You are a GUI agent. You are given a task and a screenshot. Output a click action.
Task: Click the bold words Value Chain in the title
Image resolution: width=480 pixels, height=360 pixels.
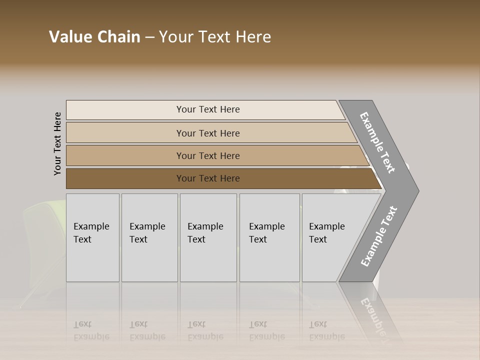[x=94, y=37]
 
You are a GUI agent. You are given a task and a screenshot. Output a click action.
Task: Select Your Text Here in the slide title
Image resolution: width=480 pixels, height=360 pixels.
[x=215, y=37]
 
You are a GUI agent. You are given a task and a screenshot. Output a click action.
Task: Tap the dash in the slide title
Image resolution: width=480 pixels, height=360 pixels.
[x=149, y=37]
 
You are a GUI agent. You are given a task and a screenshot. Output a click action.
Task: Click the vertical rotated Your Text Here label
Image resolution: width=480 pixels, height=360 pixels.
[x=57, y=143]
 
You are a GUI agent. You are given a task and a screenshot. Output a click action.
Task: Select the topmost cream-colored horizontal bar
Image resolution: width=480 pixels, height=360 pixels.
[x=207, y=109]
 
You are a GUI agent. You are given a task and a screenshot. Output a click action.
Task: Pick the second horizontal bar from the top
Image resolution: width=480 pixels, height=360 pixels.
[x=207, y=133]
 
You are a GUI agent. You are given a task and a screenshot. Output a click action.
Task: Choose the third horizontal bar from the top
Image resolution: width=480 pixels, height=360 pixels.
[x=207, y=155]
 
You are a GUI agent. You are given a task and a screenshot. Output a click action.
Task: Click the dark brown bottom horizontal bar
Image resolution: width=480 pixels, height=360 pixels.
[x=207, y=178]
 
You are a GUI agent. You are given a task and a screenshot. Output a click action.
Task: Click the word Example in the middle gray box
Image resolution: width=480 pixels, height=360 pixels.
[x=205, y=226]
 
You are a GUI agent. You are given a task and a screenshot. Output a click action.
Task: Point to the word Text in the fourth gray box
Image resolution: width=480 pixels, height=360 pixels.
[x=258, y=239]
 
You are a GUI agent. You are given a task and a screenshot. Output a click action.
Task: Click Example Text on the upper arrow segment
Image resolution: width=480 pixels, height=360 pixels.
[x=377, y=142]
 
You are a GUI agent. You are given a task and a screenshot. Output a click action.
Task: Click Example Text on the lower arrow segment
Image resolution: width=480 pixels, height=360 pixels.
[x=378, y=236]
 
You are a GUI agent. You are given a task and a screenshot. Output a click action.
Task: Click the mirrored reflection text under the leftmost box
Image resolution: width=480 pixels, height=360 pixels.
[x=91, y=331]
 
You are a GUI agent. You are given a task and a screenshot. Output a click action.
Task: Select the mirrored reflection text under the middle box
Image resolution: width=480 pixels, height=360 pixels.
[x=205, y=331]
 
